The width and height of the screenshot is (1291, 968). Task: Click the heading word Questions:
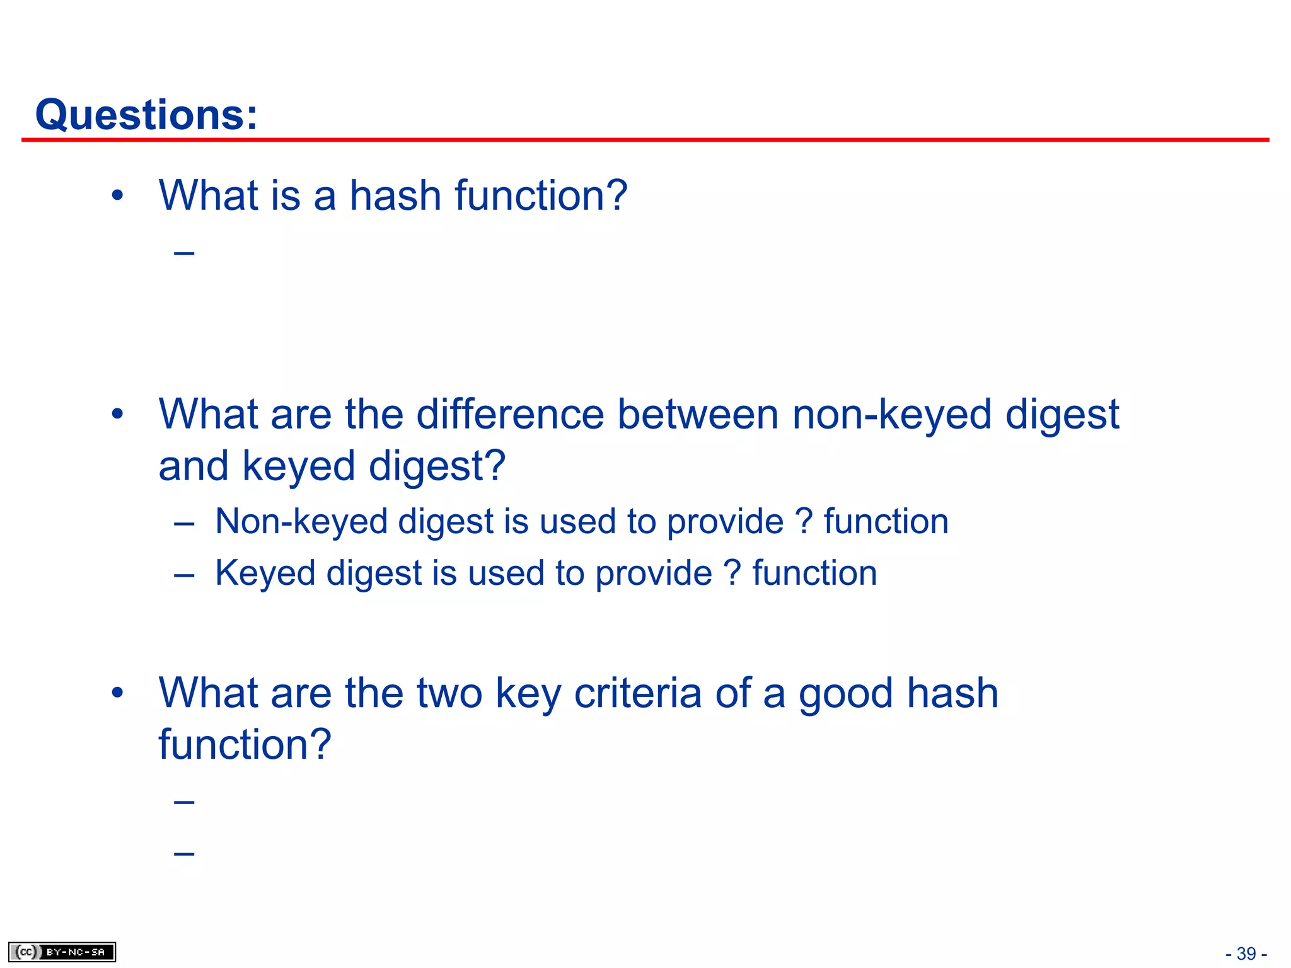146,115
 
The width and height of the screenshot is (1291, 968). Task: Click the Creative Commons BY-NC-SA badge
62,952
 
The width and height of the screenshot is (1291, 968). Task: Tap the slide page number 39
1246,954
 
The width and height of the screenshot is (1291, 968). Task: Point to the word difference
510,415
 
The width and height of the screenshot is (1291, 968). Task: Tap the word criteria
637,693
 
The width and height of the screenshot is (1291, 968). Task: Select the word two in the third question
449,693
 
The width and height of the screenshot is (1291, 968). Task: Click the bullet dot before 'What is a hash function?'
117,196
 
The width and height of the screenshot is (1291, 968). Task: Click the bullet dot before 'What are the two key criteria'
117,693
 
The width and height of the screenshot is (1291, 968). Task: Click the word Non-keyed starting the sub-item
300,522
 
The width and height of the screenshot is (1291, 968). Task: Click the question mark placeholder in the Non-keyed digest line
803,522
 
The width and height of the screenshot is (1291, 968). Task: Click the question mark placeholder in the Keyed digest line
732,573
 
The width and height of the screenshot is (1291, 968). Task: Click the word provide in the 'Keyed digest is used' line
653,573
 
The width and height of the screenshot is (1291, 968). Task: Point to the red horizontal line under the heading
645,140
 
